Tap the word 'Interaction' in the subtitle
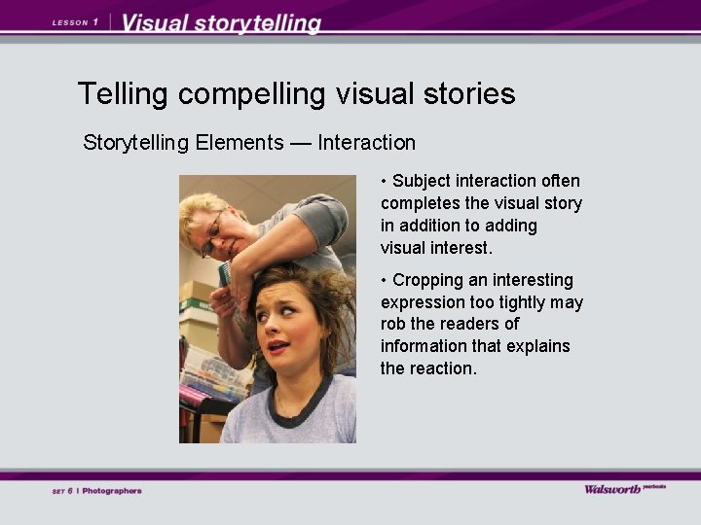[x=366, y=143]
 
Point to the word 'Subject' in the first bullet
[x=423, y=181]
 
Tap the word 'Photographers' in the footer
[x=112, y=491]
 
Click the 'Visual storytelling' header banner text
[x=222, y=23]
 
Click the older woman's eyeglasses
[x=213, y=234]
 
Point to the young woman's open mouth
[x=278, y=347]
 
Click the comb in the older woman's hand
[x=226, y=274]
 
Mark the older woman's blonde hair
[x=199, y=206]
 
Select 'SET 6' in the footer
[x=62, y=491]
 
